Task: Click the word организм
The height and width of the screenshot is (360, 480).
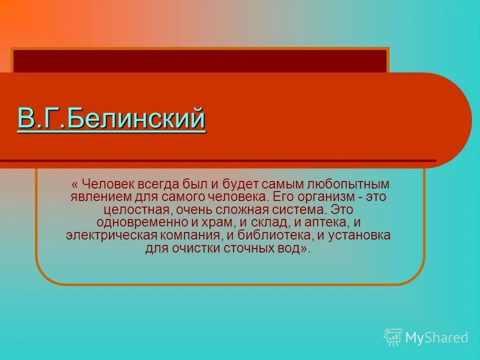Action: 327,197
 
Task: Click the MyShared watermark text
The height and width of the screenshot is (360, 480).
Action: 436,338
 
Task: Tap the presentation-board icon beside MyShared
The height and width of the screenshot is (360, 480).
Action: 393,337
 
